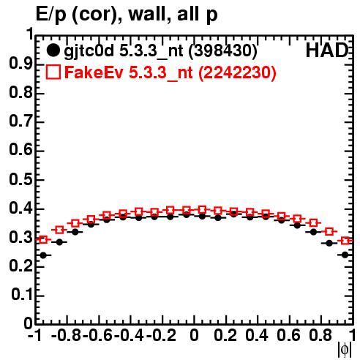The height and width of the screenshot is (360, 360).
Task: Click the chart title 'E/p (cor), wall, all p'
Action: pos(127,15)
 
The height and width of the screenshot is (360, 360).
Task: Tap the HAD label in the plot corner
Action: pos(327,50)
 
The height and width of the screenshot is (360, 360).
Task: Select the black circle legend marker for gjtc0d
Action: pos(53,50)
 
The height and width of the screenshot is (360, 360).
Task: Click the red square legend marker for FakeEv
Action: pos(53,72)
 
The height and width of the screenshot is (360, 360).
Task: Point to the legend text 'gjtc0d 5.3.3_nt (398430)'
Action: pos(160,51)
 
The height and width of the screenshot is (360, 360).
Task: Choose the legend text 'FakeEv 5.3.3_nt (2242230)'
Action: pos(170,72)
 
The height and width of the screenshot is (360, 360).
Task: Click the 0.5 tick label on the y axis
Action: pos(20,180)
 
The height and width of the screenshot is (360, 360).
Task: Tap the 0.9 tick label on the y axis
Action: pos(20,64)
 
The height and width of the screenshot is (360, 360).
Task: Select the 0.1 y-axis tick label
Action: pos(22,295)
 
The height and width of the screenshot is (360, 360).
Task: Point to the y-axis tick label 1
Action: pos(30,34)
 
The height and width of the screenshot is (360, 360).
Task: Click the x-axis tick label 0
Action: pos(194,335)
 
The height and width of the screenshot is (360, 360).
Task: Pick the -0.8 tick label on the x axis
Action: pos(66,335)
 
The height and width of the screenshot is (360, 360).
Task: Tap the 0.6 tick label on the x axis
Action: pos(288,335)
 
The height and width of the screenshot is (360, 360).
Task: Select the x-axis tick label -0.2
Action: pos(161,335)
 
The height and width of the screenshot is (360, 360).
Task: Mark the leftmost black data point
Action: pos(43,255)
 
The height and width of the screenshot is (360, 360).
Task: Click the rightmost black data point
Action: pos(345,255)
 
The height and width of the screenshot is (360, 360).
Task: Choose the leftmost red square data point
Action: pos(43,239)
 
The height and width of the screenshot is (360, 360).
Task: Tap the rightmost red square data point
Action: pos(345,241)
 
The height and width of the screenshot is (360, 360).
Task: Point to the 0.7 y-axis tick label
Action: pos(20,121)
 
